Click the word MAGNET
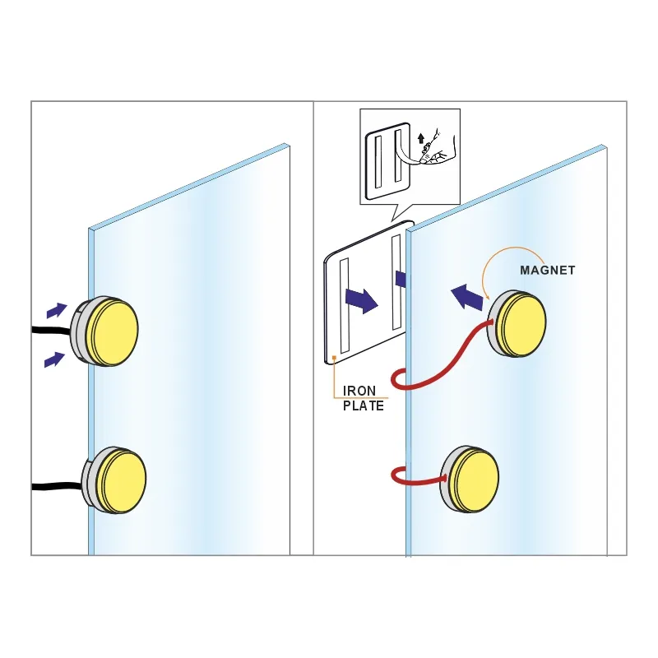click(548, 271)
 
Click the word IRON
click(359, 391)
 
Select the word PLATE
click(364, 405)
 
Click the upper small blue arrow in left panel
click(57, 311)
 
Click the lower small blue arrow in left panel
click(54, 360)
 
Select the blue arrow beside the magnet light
click(466, 297)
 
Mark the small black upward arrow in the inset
click(421, 139)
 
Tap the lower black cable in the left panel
click(58, 486)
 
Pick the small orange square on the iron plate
click(334, 357)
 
